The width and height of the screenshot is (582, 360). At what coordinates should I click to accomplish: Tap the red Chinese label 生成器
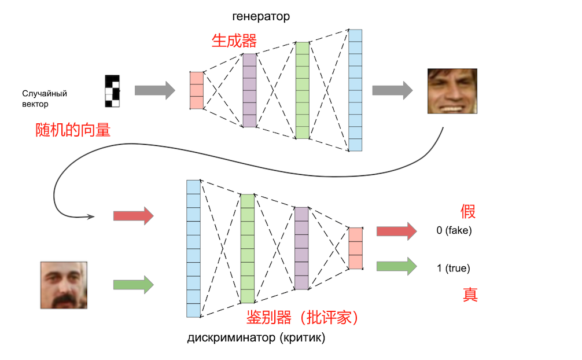coord(234,41)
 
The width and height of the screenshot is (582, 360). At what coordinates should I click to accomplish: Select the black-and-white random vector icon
coord(112,91)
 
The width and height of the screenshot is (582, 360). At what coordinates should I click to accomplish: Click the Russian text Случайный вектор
coord(45,98)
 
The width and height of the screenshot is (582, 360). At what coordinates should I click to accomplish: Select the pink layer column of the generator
coord(197,90)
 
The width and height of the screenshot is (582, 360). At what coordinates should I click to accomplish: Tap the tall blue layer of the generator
coord(355,90)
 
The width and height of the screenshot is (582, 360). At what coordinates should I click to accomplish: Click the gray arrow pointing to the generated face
coord(392,90)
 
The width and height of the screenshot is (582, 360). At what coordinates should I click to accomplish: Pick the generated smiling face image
coord(452,91)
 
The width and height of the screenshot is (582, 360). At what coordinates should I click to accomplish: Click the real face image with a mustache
coord(64,285)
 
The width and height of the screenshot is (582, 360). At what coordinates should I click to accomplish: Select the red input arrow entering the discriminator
coord(133,216)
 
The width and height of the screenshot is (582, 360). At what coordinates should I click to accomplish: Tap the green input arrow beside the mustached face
coord(133,284)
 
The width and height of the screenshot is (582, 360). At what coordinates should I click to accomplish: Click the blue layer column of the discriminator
coord(193,248)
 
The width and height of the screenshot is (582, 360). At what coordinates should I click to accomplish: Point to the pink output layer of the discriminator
coord(355,248)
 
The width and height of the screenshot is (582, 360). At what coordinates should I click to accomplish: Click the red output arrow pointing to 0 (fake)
coord(396,231)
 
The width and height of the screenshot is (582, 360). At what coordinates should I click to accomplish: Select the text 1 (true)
coord(454,268)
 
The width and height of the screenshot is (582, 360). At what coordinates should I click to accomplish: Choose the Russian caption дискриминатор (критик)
coord(256,338)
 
